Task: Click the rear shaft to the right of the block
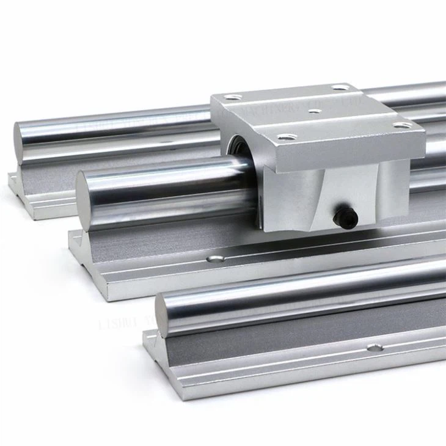[428, 92]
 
